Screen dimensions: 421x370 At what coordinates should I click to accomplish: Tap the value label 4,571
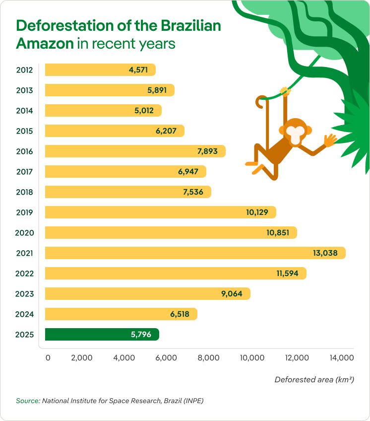coord(138,70)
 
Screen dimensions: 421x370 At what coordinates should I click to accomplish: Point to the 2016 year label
coord(24,151)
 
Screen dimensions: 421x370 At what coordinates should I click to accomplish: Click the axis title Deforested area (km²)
coord(314,380)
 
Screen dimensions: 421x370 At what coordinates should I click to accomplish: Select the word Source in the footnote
coord(27,401)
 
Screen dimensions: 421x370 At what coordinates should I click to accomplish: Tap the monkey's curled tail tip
coord(259,104)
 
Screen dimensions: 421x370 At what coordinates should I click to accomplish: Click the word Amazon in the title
coord(45,43)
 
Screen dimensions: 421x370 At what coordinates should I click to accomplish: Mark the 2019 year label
coord(24,212)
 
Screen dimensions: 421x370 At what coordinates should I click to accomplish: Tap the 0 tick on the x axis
coord(48,358)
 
